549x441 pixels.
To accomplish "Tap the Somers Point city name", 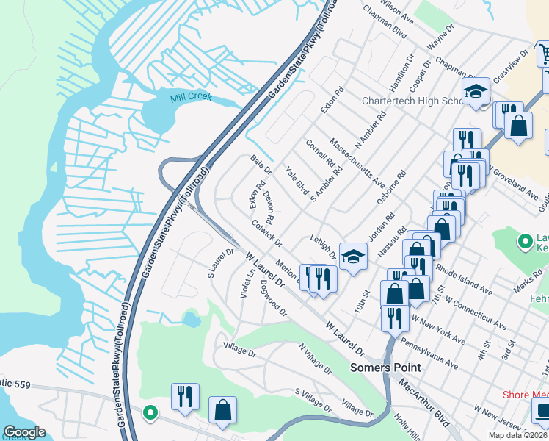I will (385, 367).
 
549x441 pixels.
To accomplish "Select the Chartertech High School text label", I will (412, 101).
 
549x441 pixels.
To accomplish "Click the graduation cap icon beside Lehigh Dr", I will (353, 257).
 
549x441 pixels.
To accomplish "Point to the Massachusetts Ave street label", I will (357, 162).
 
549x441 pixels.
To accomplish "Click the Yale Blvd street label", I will (297, 179).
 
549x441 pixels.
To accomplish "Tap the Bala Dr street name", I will (261, 164).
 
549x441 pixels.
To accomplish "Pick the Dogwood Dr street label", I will (273, 303).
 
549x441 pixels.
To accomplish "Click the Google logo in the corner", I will (24, 432).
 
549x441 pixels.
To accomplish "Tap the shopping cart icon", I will (545, 54).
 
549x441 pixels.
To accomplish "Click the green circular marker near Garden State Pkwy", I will (150, 413).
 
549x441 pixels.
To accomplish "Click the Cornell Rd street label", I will (320, 153).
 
